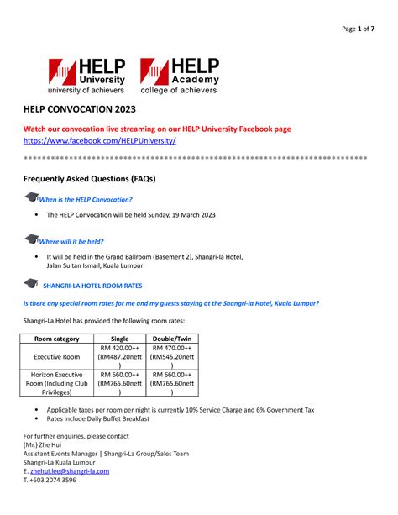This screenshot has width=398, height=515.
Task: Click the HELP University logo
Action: pos(86,75)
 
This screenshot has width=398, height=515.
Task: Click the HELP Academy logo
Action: pos(179,75)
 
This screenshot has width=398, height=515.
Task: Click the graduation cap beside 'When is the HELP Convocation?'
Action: pos(31,197)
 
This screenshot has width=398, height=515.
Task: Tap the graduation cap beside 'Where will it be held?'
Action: pos(31,240)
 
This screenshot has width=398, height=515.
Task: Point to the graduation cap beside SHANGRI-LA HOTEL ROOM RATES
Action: pos(31,284)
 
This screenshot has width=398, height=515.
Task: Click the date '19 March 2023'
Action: pos(190,215)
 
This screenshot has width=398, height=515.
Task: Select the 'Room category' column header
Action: pos(56,339)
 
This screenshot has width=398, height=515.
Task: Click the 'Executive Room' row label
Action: pos(56,356)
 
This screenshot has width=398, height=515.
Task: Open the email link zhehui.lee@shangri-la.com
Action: pos(70,471)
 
